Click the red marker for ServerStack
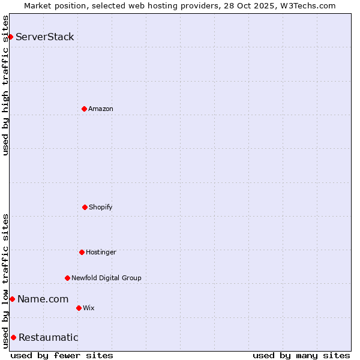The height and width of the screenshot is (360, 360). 10,37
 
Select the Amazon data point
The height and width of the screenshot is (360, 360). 84,109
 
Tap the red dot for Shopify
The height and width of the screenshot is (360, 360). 85,207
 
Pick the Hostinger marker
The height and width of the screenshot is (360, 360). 82,252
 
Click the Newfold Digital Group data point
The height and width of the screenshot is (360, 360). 67,278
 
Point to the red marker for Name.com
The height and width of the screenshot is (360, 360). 12,299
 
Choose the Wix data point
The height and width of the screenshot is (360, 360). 79,308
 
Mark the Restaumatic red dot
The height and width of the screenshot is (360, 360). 13,337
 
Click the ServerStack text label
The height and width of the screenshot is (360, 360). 45,37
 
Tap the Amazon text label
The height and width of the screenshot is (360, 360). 101,109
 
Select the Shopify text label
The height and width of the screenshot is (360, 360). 101,207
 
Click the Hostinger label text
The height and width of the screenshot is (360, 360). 101,252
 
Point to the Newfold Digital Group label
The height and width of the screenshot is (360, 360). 106,278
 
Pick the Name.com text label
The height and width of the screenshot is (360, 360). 43,299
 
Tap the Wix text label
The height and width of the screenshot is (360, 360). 89,308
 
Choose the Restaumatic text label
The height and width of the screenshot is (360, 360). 49,337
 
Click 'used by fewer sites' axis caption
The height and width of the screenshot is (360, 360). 62,355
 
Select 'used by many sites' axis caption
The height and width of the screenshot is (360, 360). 301,355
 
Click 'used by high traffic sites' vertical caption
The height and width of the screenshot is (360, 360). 5,85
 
